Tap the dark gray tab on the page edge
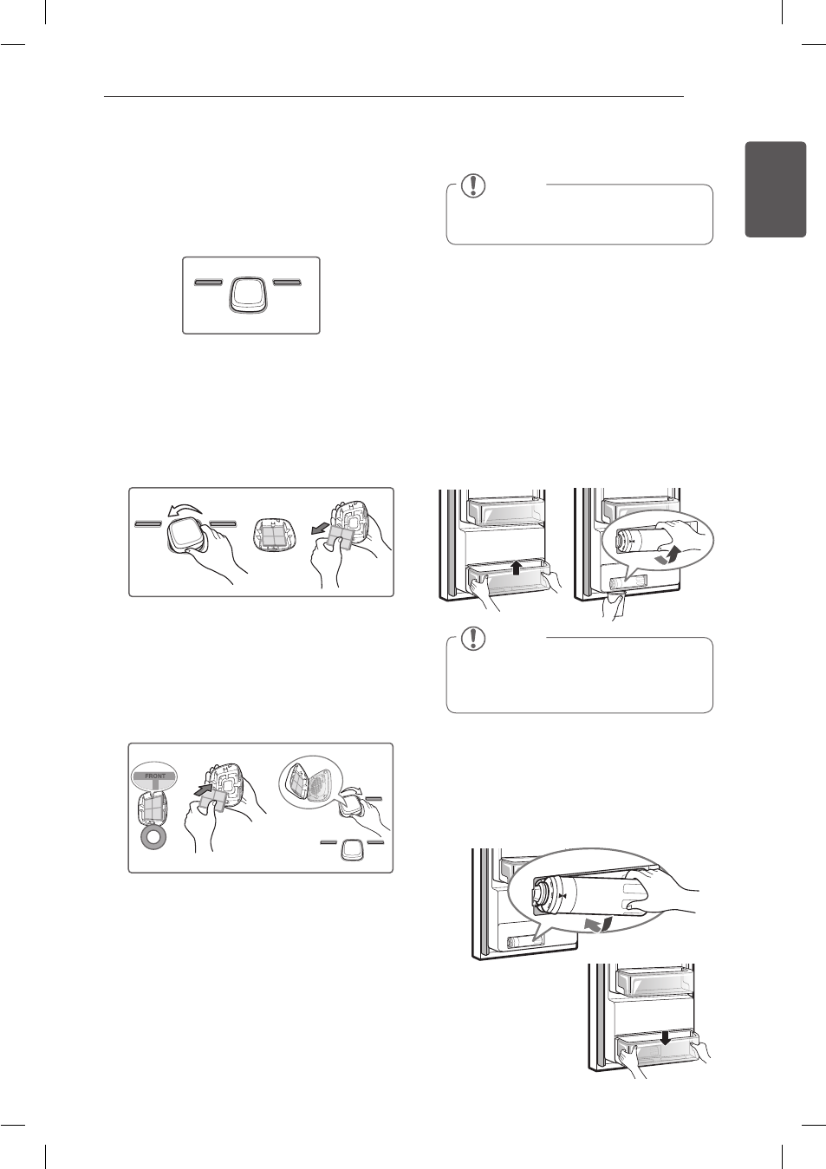(776, 190)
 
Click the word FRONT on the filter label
(155, 776)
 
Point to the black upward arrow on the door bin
(517, 568)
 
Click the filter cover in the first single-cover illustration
(249, 295)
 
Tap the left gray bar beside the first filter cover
(209, 283)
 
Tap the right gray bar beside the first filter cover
(287, 283)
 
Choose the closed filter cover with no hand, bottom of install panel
(350, 852)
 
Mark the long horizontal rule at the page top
(393, 96)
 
